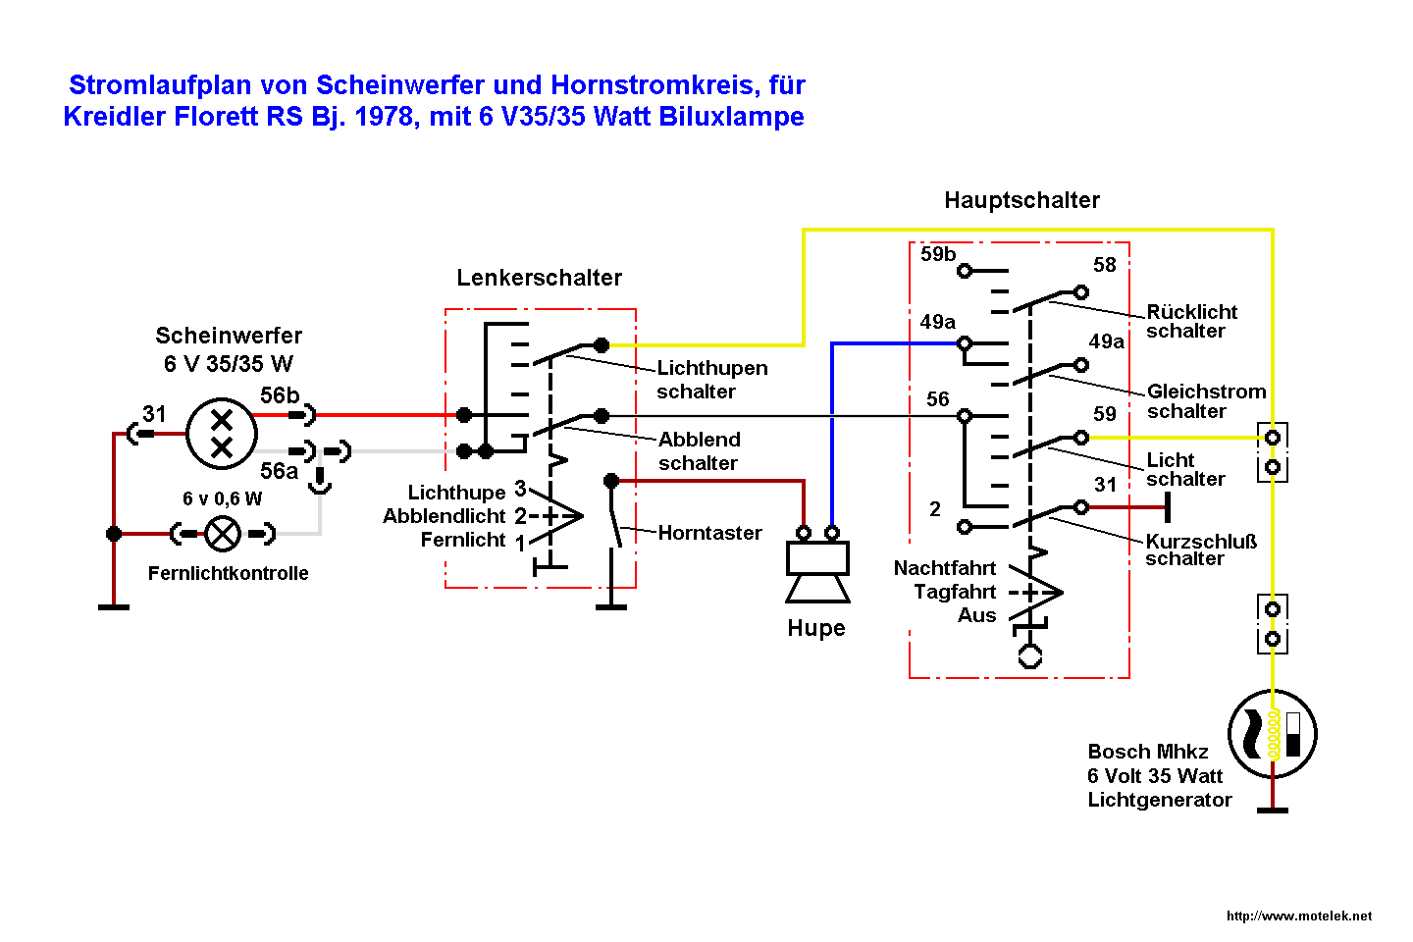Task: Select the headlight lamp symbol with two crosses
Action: (222, 434)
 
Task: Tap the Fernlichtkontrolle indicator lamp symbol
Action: (223, 534)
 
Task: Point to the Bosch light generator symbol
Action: (1272, 734)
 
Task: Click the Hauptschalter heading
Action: (1021, 200)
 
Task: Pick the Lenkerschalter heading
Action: (539, 278)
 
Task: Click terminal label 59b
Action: (937, 254)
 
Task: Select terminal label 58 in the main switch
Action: (1105, 265)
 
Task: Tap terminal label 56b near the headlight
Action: (280, 395)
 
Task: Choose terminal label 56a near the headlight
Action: (279, 471)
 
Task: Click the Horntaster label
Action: (709, 533)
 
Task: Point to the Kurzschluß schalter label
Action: (1200, 549)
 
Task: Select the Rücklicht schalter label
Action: (1191, 321)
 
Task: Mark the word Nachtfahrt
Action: (944, 568)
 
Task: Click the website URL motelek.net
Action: (1299, 916)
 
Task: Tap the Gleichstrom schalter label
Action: (1206, 401)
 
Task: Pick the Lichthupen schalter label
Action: (711, 380)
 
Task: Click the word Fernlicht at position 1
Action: (462, 540)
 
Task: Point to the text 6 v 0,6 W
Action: (223, 498)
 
